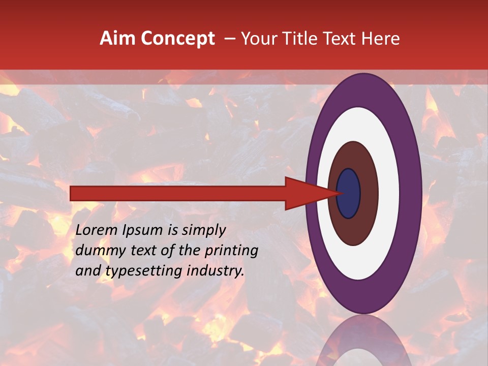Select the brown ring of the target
pos(369,193)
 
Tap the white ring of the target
pos(389,193)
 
